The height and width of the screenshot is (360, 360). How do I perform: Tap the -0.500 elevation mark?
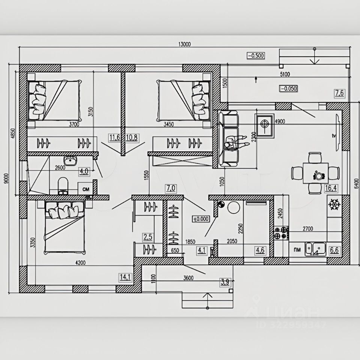click(256, 55)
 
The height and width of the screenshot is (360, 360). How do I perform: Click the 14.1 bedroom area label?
click(124, 277)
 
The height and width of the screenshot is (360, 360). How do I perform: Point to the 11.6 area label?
click(115, 138)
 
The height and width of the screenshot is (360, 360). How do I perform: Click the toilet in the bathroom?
click(63, 186)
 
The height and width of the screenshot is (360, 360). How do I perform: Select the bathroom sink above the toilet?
click(69, 162)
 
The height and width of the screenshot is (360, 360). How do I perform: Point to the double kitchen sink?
click(314, 249)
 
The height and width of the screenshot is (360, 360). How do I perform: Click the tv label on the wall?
click(333, 135)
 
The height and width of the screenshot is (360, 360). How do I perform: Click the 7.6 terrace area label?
click(339, 93)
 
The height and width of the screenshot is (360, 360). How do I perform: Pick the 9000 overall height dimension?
click(6, 179)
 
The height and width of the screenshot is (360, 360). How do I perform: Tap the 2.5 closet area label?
click(148, 237)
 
